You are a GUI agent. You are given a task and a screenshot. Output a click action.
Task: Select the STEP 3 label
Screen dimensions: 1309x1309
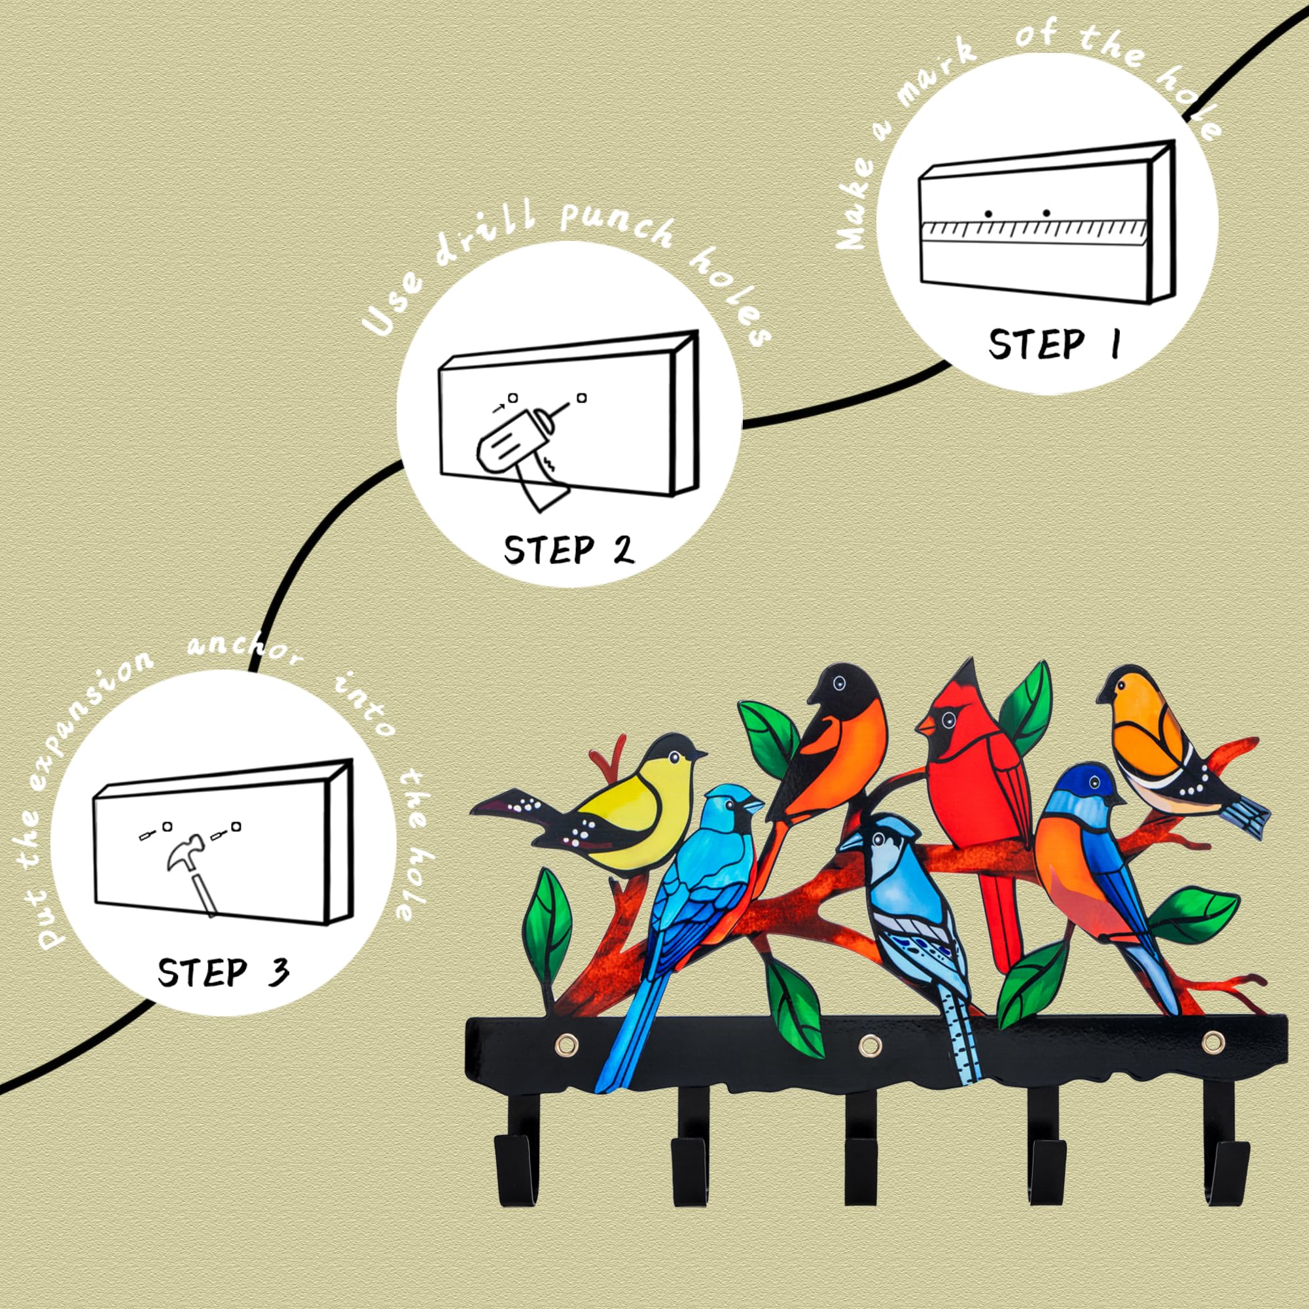[223, 973]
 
